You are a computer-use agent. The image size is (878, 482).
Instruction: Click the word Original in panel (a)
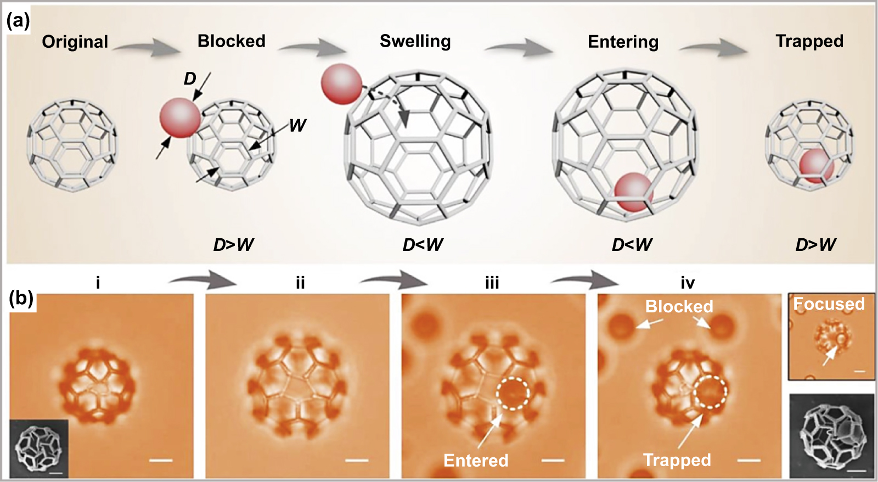[75, 42]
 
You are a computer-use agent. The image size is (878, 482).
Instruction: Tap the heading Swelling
[415, 41]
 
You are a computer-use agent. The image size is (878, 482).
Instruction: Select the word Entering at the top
[623, 42]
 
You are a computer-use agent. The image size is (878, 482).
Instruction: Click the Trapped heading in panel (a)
[809, 41]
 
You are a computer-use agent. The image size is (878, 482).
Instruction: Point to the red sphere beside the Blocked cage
[180, 117]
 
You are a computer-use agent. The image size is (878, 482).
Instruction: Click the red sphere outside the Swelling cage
[341, 84]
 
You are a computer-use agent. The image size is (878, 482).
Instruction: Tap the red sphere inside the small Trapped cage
[816, 165]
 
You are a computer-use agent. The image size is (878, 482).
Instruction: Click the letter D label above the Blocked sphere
[190, 79]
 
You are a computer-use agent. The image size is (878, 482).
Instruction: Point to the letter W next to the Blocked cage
[297, 126]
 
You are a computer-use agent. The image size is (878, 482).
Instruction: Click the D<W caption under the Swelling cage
[423, 245]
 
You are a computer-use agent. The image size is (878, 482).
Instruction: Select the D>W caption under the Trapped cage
[815, 245]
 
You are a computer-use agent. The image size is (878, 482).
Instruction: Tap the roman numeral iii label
[492, 283]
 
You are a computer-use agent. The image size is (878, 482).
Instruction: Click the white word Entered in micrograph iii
[476, 460]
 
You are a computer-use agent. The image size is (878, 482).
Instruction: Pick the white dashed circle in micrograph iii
[513, 393]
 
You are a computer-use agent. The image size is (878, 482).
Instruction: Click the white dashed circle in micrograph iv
[710, 392]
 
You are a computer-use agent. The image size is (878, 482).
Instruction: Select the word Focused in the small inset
[829, 304]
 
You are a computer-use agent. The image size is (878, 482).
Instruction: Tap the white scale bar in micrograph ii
[357, 459]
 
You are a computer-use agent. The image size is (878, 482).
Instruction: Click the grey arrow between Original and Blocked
[147, 48]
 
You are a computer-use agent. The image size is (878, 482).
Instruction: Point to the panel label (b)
[21, 298]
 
